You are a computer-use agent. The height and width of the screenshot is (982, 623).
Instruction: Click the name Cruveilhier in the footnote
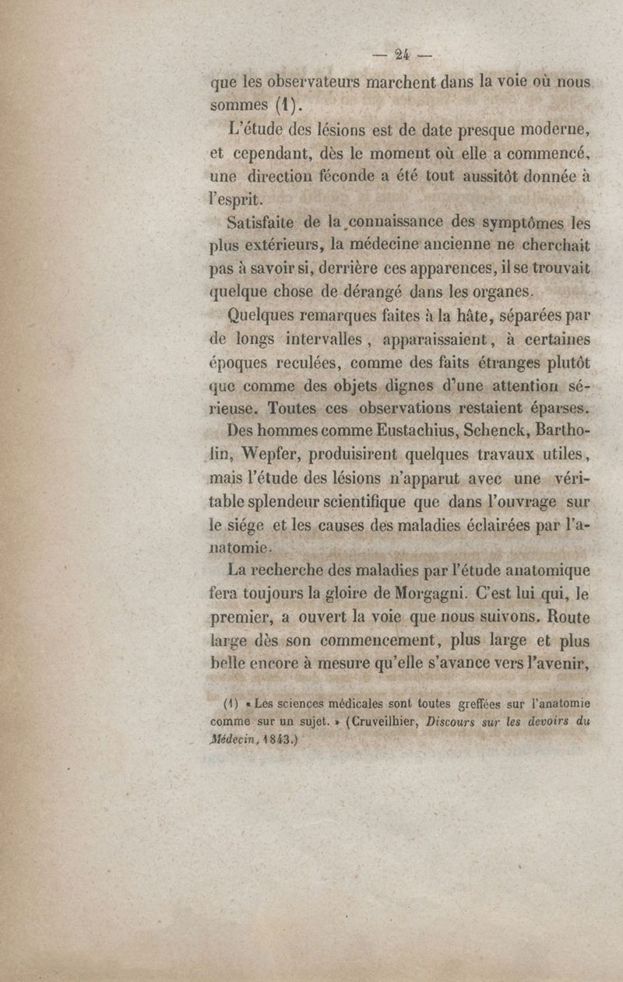(368, 721)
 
